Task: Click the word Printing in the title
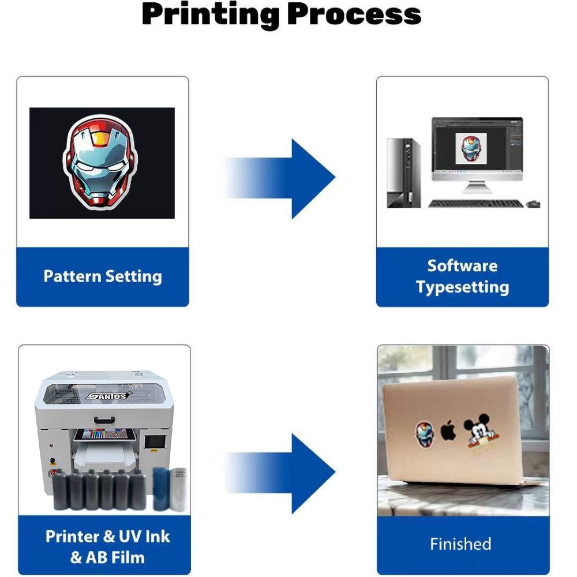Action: click(211, 16)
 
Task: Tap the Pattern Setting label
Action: click(103, 276)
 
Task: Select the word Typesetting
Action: click(463, 287)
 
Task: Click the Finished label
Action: click(460, 544)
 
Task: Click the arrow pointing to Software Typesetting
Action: click(280, 179)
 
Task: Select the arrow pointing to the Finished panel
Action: click(280, 474)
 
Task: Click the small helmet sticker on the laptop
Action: click(425, 434)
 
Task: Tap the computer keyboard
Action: click(476, 204)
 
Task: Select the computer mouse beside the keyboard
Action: click(533, 204)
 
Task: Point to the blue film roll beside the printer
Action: click(161, 489)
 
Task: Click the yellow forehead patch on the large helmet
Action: click(100, 138)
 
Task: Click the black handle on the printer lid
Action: click(104, 419)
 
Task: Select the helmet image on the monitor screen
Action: click(471, 148)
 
